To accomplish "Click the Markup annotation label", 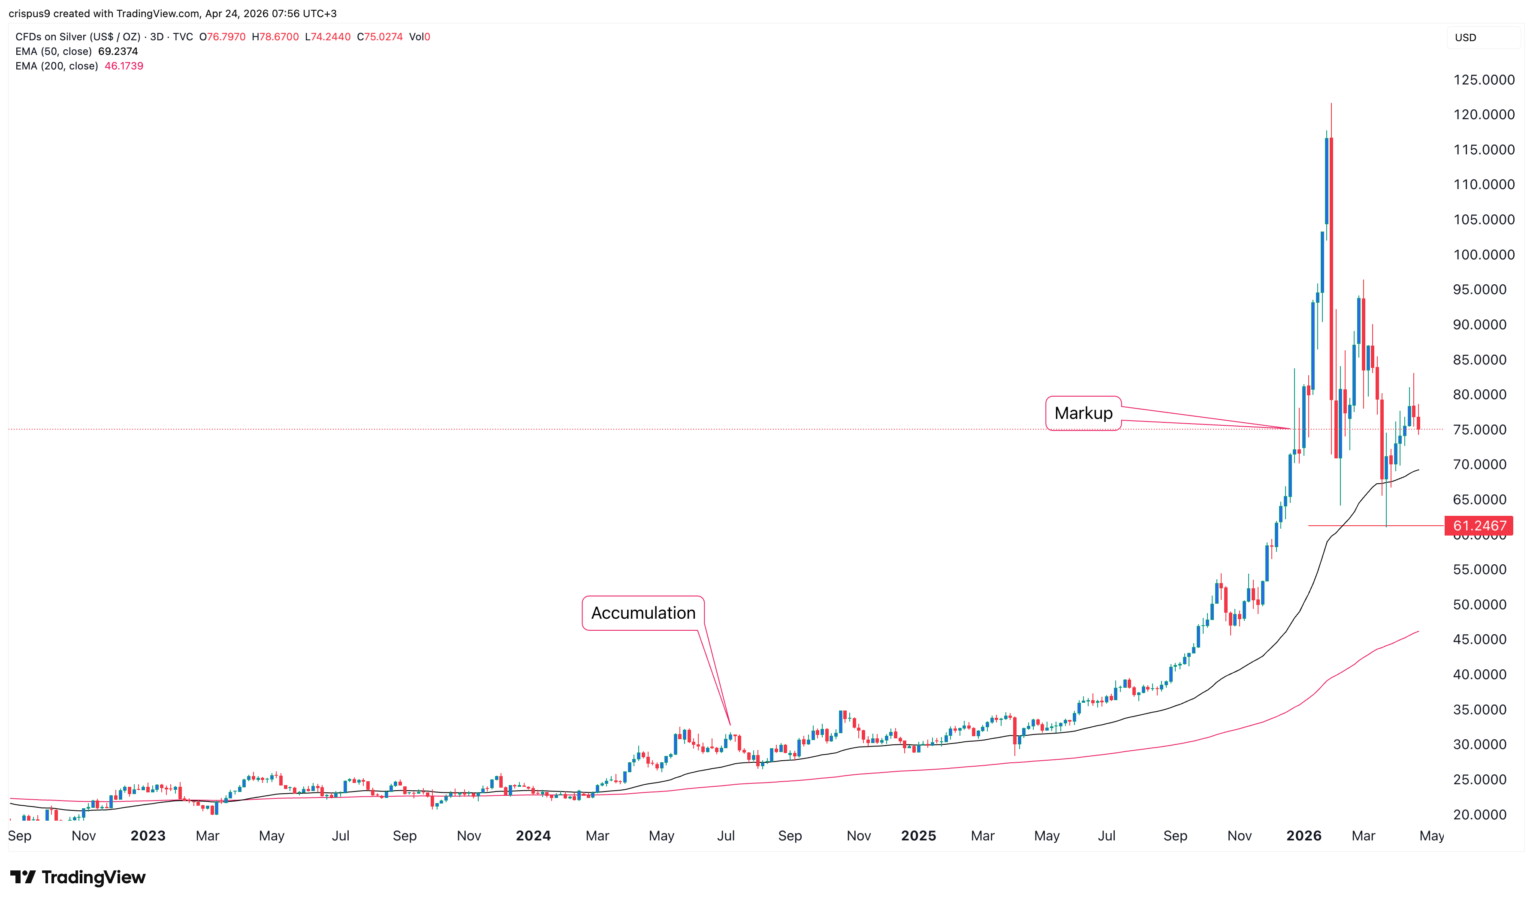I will pos(1083,413).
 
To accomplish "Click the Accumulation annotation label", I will pos(643,613).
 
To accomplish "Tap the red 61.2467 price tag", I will pos(1479,526).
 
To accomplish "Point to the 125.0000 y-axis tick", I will pos(1484,80).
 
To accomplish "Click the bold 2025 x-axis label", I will pos(918,836).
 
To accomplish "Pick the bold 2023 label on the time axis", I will pos(148,836).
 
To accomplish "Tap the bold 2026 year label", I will pos(1304,836).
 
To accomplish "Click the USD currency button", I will pos(1466,38).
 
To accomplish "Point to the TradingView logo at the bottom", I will pos(78,877).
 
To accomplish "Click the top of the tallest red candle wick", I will pos(1331,104).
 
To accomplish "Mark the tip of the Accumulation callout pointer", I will pos(730,724).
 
